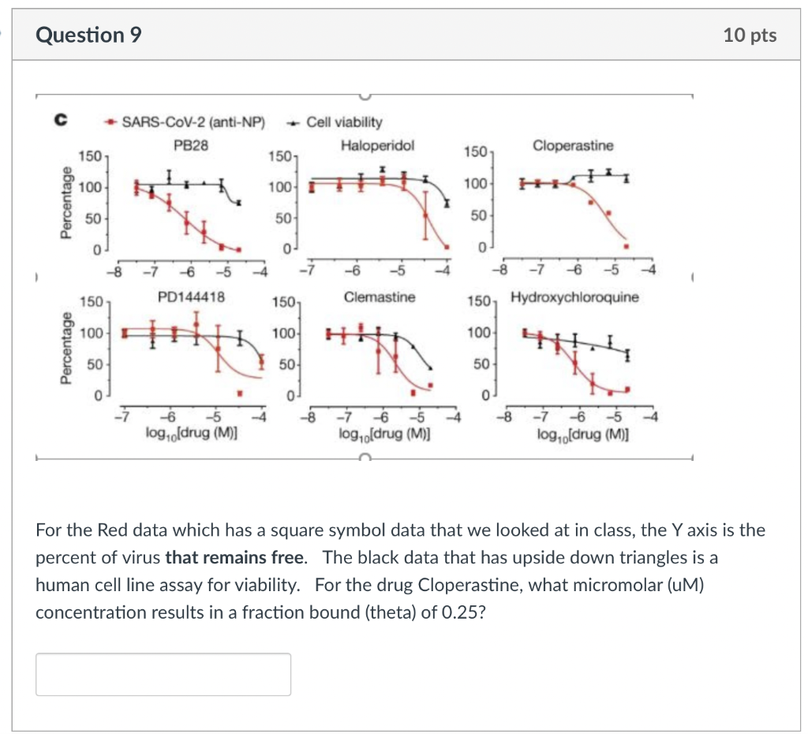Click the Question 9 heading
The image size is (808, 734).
(x=89, y=36)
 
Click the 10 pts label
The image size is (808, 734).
(x=749, y=36)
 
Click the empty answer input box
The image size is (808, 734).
(x=163, y=674)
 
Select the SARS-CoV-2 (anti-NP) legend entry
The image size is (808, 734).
(x=190, y=122)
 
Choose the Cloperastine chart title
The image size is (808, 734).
(x=573, y=146)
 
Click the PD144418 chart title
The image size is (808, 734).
(x=191, y=298)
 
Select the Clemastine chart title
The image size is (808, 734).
(x=379, y=298)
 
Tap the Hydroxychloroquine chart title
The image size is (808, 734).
(x=574, y=298)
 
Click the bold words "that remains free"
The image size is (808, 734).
(x=234, y=556)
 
